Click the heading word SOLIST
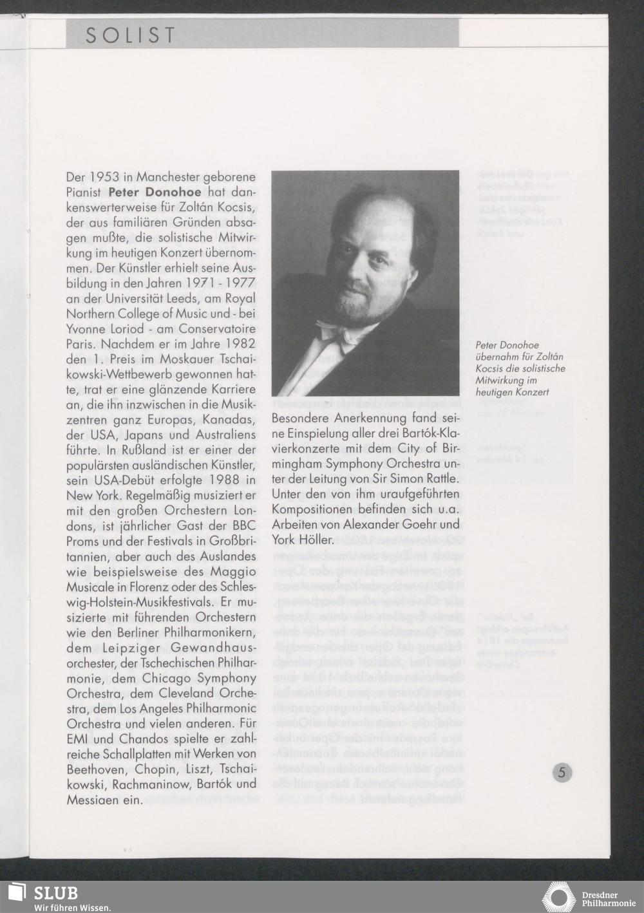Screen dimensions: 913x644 pyautogui.click(x=130, y=35)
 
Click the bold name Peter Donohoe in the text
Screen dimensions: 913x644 pyautogui.click(x=155, y=192)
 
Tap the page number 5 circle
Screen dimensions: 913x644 pyautogui.click(x=562, y=772)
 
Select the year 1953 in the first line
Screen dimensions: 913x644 pyautogui.click(x=103, y=176)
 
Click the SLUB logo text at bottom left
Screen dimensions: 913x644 pyautogui.click(x=56, y=893)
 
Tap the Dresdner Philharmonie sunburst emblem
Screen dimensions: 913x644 pyautogui.click(x=558, y=898)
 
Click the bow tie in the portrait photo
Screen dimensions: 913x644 pyautogui.click(x=339, y=333)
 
